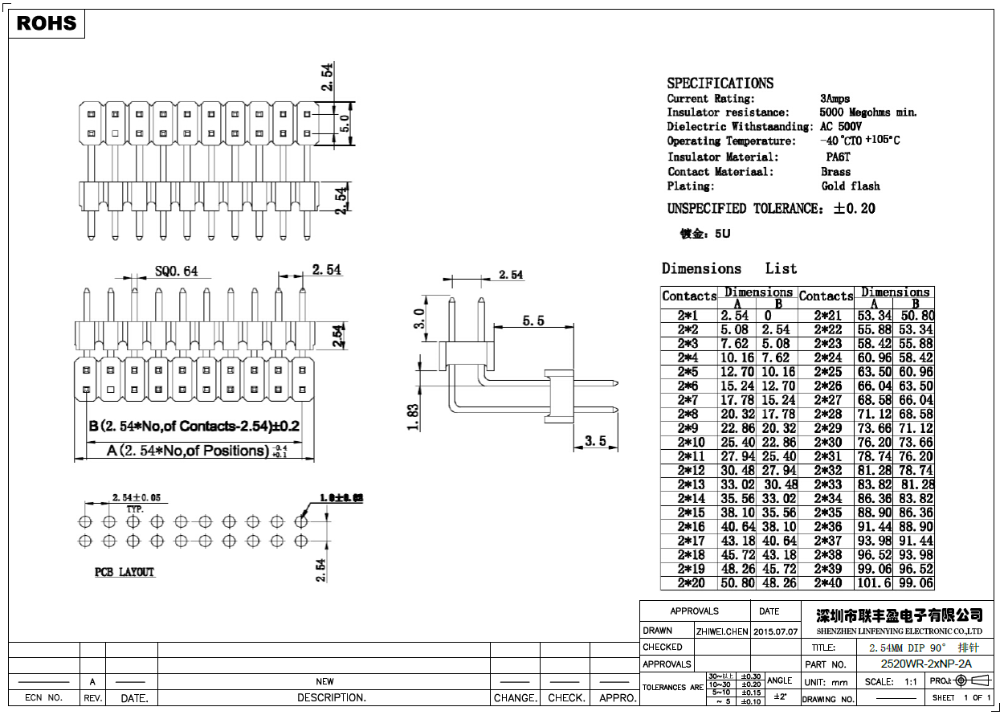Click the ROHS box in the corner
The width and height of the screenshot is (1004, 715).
tap(47, 23)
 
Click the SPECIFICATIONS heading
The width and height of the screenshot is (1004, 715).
tap(720, 84)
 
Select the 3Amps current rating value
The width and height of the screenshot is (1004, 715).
tap(835, 99)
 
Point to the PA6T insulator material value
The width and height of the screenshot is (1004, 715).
tap(838, 157)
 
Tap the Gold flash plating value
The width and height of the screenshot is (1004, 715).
tap(851, 186)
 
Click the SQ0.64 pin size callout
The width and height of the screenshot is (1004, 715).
tap(176, 272)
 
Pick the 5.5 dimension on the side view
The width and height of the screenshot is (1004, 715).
tap(533, 321)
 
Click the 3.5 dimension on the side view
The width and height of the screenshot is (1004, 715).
tap(595, 441)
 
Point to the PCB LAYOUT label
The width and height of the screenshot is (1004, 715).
tap(124, 572)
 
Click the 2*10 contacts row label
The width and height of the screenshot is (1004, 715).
tap(691, 442)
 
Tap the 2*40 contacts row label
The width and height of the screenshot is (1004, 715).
tap(828, 583)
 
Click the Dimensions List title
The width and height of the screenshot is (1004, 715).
tap(729, 268)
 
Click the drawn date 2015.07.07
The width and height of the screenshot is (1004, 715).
tap(776, 631)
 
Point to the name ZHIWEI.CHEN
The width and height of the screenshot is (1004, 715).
tap(722, 631)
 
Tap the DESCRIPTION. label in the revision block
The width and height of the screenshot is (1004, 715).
tap(324, 697)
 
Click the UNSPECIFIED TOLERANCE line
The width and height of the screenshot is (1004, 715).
tap(770, 209)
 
